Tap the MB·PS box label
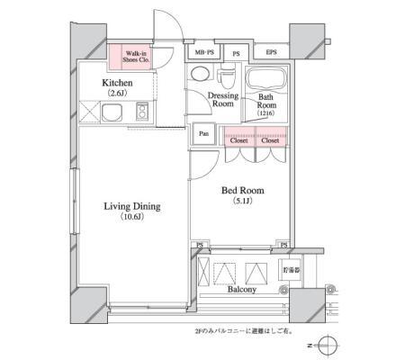[202, 53]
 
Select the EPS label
[270, 53]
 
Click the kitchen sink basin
[114, 113]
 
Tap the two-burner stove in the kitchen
[142, 113]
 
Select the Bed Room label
[242, 191]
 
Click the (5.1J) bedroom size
[242, 202]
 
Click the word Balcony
[241, 290]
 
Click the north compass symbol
[329, 345]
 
